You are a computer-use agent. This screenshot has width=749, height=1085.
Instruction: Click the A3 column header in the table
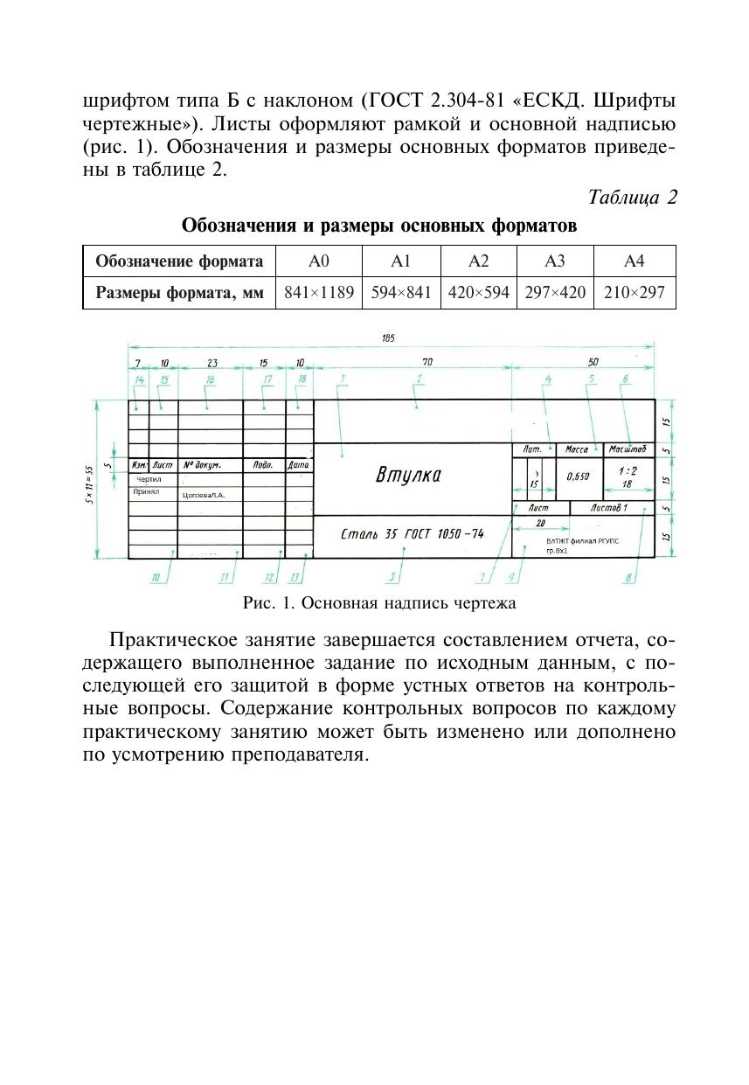555,261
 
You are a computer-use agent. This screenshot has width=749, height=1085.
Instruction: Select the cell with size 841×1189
318,293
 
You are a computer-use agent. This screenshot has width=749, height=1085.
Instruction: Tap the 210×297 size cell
634,293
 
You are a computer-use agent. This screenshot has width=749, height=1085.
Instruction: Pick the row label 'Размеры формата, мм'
179,293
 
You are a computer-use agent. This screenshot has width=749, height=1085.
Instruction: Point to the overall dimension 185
388,339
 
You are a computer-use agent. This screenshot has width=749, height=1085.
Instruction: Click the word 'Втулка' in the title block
408,476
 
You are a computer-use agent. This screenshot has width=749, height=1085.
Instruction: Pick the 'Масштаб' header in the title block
628,449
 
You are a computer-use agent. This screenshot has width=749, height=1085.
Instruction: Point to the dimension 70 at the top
427,362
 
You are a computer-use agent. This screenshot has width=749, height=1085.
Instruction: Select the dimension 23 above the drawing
212,362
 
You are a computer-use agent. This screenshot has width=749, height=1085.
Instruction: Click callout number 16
210,379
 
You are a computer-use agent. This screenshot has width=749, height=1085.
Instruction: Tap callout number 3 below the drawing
393,576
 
